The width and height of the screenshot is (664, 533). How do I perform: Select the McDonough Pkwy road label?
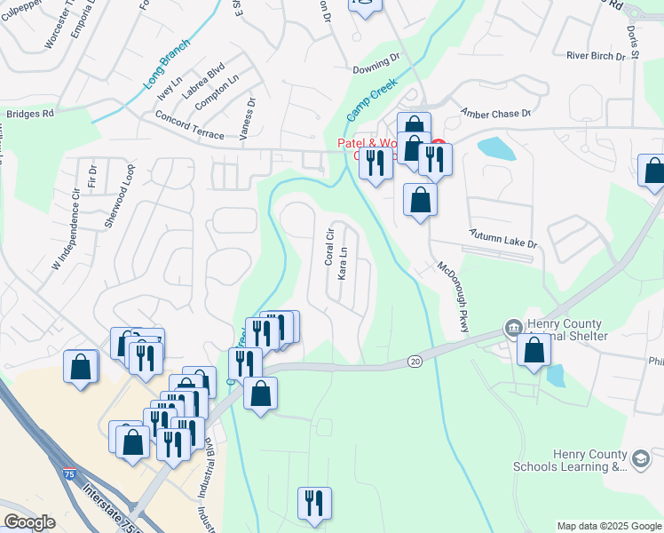(x=452, y=298)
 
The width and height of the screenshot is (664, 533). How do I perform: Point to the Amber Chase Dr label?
(x=494, y=114)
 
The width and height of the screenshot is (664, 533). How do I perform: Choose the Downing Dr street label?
(x=376, y=63)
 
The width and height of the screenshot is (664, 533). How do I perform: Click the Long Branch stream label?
(x=166, y=66)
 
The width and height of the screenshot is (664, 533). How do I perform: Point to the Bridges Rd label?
(x=30, y=114)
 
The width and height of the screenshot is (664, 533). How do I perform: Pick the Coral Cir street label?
(x=328, y=247)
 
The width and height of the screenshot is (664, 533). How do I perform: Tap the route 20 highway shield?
(x=415, y=361)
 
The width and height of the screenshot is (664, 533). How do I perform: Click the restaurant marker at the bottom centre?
(x=314, y=503)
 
